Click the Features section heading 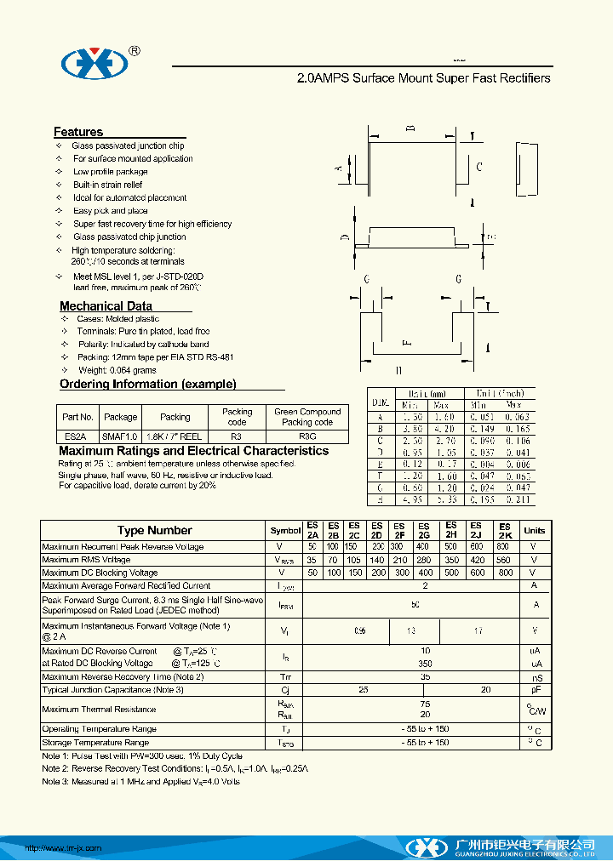pos(78,132)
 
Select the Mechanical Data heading pos(106,306)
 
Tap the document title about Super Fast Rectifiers pos(423,78)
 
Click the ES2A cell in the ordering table pos(74,436)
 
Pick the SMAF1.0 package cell pos(120,436)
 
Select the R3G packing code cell pos(307,436)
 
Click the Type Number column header pos(154,530)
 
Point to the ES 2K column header pos(504,530)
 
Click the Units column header pos(535,530)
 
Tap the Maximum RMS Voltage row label pos(87,560)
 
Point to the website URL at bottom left pos(63,847)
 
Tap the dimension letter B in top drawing pos(410,128)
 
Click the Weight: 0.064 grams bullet pos(117,370)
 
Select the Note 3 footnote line pos(140,781)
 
